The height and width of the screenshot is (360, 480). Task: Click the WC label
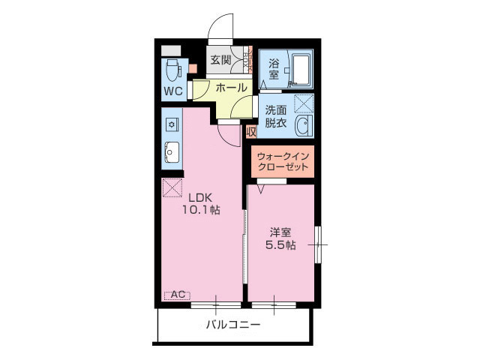click(x=173, y=91)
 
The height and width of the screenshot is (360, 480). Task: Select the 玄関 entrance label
click(x=220, y=60)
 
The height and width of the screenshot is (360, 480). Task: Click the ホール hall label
click(x=232, y=88)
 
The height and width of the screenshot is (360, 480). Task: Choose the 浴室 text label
click(x=274, y=69)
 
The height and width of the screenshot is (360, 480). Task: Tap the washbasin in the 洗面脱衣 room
click(x=303, y=125)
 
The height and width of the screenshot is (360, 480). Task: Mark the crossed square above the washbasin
click(x=303, y=103)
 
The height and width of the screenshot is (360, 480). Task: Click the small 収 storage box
click(x=251, y=132)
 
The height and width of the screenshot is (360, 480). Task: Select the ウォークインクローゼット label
click(x=281, y=162)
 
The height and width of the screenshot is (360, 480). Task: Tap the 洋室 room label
click(x=280, y=232)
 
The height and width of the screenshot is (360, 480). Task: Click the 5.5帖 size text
click(x=280, y=245)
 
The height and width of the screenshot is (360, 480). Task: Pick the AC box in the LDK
click(x=178, y=295)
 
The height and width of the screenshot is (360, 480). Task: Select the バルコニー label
click(x=233, y=325)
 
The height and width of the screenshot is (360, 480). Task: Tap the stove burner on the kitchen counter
click(x=171, y=122)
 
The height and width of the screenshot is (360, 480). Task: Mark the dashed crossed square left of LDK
click(x=172, y=187)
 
